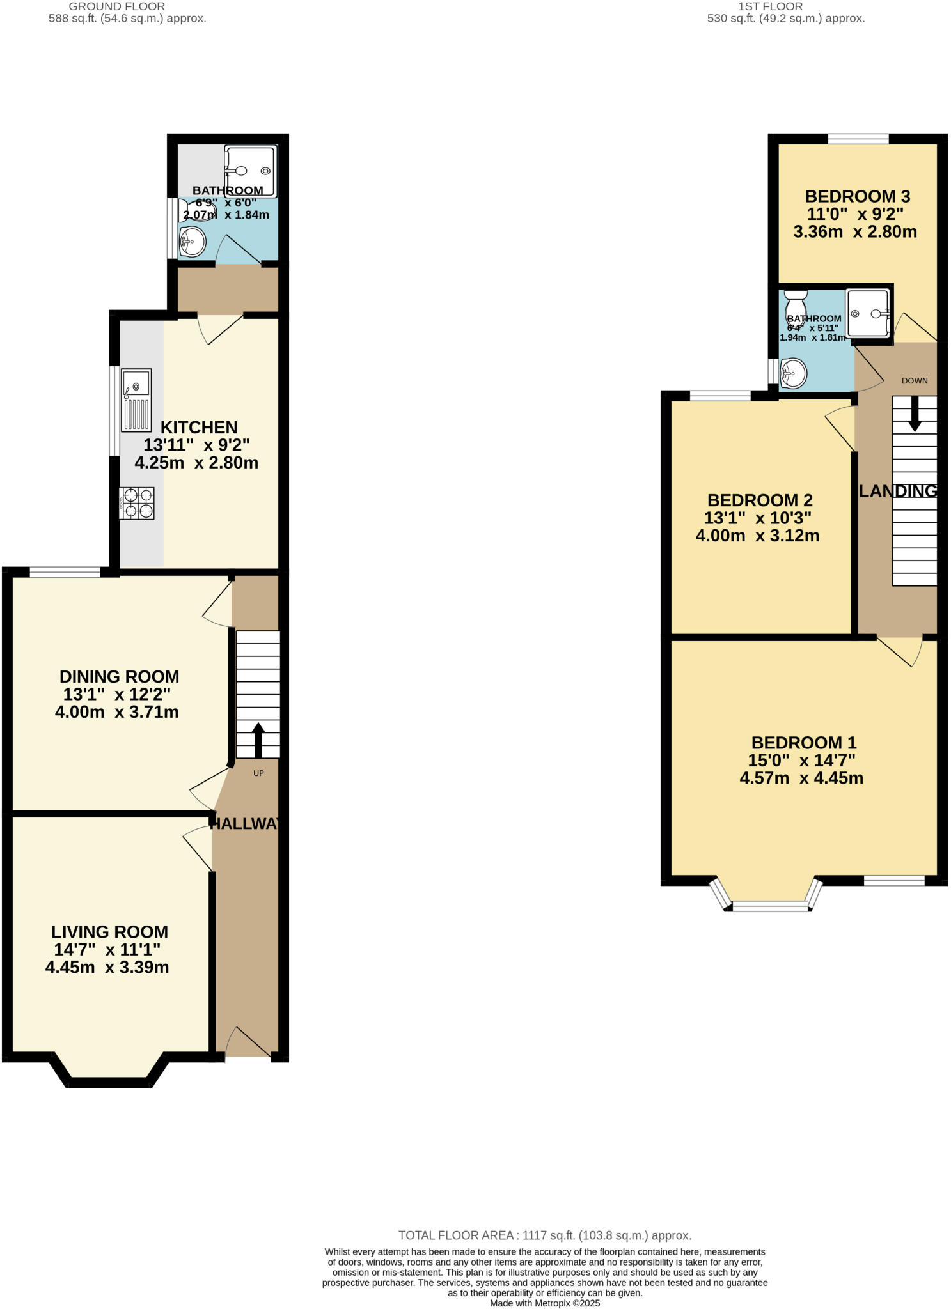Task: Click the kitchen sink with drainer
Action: [x=136, y=399]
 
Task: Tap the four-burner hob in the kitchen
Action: [x=137, y=503]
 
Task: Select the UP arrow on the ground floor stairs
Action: [x=258, y=740]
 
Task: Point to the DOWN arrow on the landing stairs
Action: [x=915, y=413]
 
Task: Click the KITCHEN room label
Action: [x=199, y=427]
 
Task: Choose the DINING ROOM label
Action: [x=119, y=676]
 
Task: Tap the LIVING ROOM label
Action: [x=109, y=932]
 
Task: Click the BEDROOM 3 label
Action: [x=857, y=196]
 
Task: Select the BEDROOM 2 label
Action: [x=760, y=500]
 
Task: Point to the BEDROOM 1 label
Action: [x=803, y=743]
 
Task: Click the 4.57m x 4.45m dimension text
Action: [x=801, y=778]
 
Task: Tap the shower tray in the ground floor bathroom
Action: [x=251, y=171]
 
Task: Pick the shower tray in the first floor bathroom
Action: [x=868, y=313]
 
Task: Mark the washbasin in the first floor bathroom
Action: [x=793, y=372]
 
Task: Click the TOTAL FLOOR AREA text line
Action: [x=544, y=1235]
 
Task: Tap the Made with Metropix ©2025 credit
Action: [x=545, y=1303]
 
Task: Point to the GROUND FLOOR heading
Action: [x=116, y=6]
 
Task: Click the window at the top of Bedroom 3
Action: [x=858, y=139]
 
